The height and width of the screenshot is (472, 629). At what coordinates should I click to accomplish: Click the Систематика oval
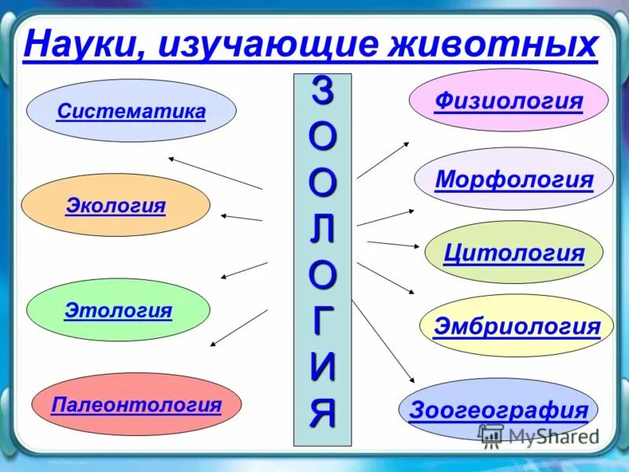pyautogui.click(x=131, y=111)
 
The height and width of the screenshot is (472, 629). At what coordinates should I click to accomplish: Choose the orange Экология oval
pyautogui.click(x=116, y=205)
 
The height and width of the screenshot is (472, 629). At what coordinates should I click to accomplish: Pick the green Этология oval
pyautogui.click(x=118, y=310)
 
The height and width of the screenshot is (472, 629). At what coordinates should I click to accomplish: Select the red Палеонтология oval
pyautogui.click(x=136, y=405)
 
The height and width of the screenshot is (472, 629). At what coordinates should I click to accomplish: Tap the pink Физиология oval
pyautogui.click(x=509, y=101)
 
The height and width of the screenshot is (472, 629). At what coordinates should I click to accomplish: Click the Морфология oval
pyautogui.click(x=513, y=179)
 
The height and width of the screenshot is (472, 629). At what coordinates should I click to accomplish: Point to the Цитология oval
pyautogui.click(x=513, y=253)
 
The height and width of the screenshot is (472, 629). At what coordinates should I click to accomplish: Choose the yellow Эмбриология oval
pyautogui.click(x=516, y=326)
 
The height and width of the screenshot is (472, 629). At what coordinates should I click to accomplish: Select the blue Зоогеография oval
pyautogui.click(x=498, y=410)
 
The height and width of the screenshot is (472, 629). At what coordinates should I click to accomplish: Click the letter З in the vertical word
pyautogui.click(x=322, y=93)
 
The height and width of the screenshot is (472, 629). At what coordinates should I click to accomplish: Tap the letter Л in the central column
pyautogui.click(x=322, y=229)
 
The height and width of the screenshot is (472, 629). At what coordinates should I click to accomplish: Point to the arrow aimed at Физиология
pyautogui.click(x=383, y=160)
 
